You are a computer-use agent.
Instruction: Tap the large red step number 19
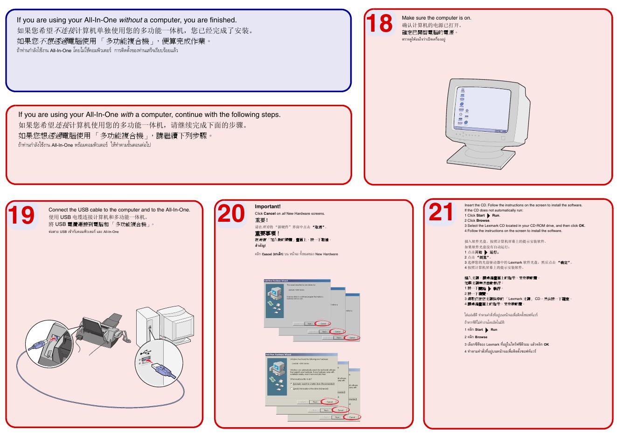21,215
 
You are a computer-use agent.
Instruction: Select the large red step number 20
231,214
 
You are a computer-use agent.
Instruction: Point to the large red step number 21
441,212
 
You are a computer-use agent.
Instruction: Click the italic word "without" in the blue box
131,20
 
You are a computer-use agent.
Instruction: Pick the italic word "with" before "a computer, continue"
127,115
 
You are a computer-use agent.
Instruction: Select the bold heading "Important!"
268,206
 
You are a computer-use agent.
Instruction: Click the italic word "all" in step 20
284,214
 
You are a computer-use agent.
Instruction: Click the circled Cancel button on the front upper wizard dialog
323,323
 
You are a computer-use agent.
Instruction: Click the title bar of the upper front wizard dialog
297,281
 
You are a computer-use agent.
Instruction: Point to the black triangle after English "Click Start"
488,216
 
